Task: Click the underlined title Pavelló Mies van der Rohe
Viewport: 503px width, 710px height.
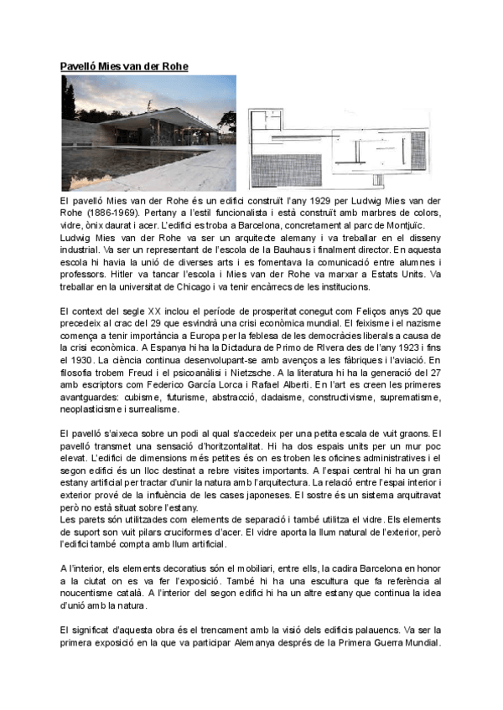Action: click(124, 66)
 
